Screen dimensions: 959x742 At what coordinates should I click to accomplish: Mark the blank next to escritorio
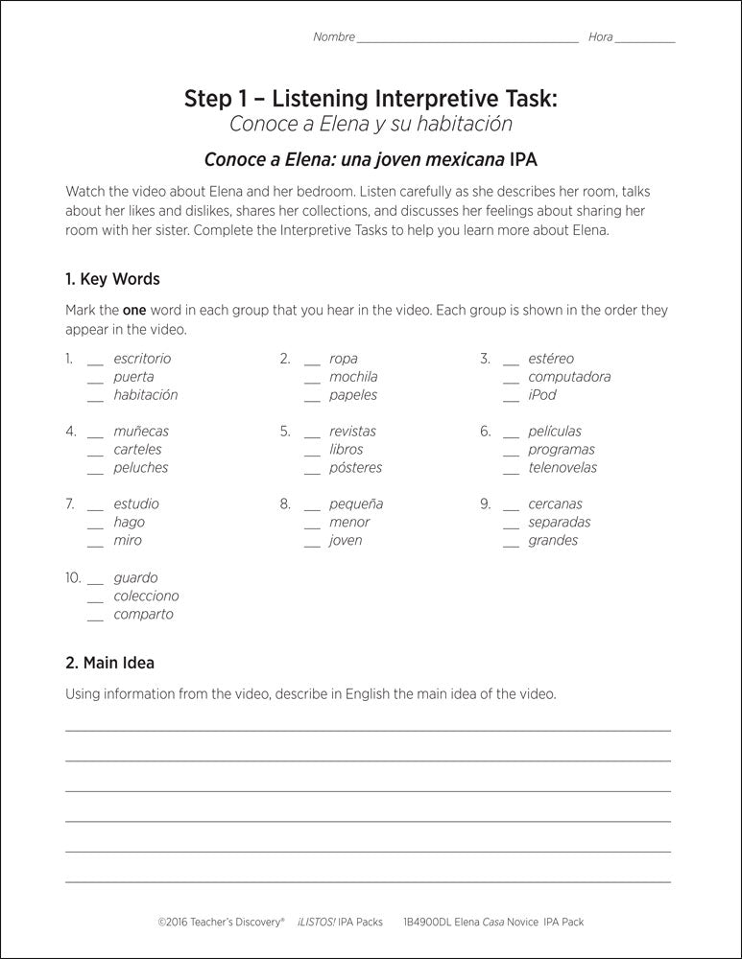point(94,362)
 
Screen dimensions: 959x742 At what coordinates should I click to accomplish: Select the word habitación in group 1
point(145,395)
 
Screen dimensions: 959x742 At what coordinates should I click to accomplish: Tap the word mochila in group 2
point(353,377)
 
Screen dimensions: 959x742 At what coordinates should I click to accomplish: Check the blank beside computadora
point(510,380)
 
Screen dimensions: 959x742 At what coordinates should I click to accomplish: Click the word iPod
point(541,395)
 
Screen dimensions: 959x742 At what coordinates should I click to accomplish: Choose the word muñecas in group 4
point(140,432)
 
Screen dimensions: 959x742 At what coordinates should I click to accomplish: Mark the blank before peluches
point(94,471)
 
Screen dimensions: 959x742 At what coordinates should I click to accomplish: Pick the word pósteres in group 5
point(355,468)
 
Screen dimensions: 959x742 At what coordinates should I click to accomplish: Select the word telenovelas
point(562,468)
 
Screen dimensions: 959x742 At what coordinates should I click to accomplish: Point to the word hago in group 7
point(129,523)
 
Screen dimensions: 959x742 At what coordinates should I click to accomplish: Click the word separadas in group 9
point(559,523)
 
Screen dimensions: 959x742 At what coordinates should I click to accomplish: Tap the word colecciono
point(146,596)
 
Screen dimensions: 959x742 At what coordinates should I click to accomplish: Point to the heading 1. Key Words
point(112,280)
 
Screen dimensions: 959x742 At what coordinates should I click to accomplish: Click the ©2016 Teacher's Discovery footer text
point(221,922)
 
